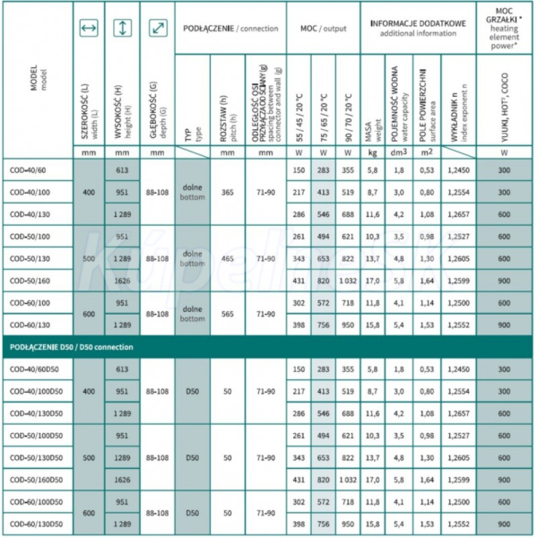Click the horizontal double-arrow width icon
tap(88, 30)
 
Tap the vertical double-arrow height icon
tap(122, 30)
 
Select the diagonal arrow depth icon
tap(158, 30)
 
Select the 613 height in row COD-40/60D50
tap(122, 369)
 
